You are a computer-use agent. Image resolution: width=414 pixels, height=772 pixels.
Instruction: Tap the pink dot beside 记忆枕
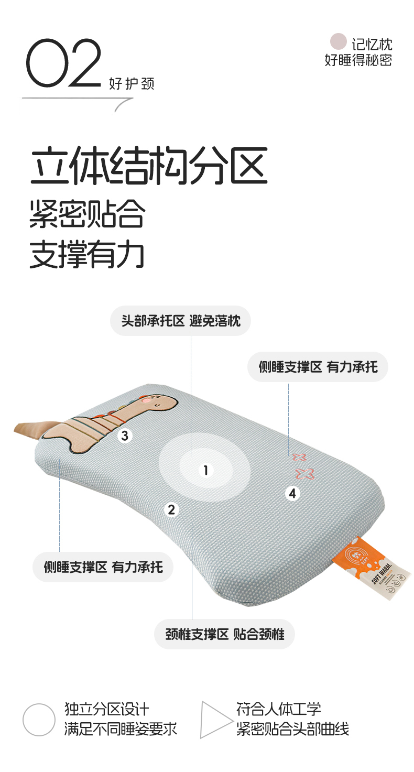[338, 41]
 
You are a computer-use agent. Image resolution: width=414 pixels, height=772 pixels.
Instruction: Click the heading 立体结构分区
[149, 165]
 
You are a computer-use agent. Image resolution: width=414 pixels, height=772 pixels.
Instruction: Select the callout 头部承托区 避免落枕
[181, 321]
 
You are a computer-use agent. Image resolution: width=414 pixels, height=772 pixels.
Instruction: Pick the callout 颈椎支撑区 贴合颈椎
[224, 634]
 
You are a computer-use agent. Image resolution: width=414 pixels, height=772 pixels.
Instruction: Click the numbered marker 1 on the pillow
[206, 470]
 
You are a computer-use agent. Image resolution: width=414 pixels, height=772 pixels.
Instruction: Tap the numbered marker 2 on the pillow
[171, 509]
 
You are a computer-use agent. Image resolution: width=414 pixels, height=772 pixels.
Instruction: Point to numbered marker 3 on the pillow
[125, 436]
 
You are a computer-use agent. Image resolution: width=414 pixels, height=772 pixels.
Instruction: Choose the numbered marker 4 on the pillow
[292, 493]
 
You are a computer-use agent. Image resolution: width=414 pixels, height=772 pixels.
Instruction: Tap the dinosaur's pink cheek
[147, 400]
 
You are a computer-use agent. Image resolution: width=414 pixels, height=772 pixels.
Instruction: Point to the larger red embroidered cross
[304, 474]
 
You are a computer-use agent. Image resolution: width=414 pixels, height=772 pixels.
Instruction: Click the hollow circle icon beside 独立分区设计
[39, 720]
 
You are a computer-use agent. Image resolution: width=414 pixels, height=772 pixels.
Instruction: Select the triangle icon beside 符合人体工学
[216, 720]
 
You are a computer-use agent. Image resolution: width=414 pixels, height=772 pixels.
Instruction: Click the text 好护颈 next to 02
[132, 84]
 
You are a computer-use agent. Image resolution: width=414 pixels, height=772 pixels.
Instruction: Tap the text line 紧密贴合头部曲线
[292, 729]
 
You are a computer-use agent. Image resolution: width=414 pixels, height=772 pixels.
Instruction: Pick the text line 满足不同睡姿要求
[121, 729]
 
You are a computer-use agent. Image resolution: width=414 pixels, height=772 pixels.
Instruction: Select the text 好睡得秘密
[358, 60]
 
